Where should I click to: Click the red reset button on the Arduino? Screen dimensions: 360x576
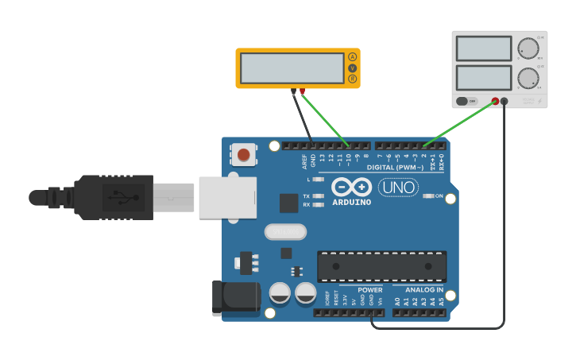tap(244, 154)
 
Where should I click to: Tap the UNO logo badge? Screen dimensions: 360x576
tap(398, 188)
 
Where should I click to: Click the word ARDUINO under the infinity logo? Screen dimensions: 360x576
tap(351, 202)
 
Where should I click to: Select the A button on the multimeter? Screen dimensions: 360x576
tap(352, 57)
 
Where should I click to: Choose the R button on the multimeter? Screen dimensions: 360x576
tap(352, 79)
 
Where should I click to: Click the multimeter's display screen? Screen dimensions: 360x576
tap(292, 68)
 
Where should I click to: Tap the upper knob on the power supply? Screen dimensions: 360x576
tap(528, 48)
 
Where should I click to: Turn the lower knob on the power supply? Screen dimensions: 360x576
tap(528, 78)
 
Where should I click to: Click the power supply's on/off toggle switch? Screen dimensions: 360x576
tap(466, 101)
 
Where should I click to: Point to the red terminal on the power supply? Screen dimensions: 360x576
tap(495, 101)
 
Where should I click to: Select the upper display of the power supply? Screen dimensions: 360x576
tap(483, 48)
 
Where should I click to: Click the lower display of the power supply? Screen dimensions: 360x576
tap(483, 77)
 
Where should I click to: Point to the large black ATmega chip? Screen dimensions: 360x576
tap(381, 266)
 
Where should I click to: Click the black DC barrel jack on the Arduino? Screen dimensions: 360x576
tap(236, 298)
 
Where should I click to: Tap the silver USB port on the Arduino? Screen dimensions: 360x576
tap(227, 197)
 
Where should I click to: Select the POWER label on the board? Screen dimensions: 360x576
tap(369, 290)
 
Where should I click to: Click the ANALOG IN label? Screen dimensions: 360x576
tap(422, 290)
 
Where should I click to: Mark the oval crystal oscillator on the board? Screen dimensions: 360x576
tap(285, 231)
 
